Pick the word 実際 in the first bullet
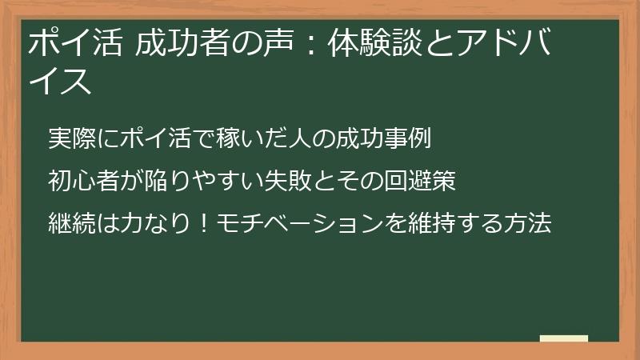72,138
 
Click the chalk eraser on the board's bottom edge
564,338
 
